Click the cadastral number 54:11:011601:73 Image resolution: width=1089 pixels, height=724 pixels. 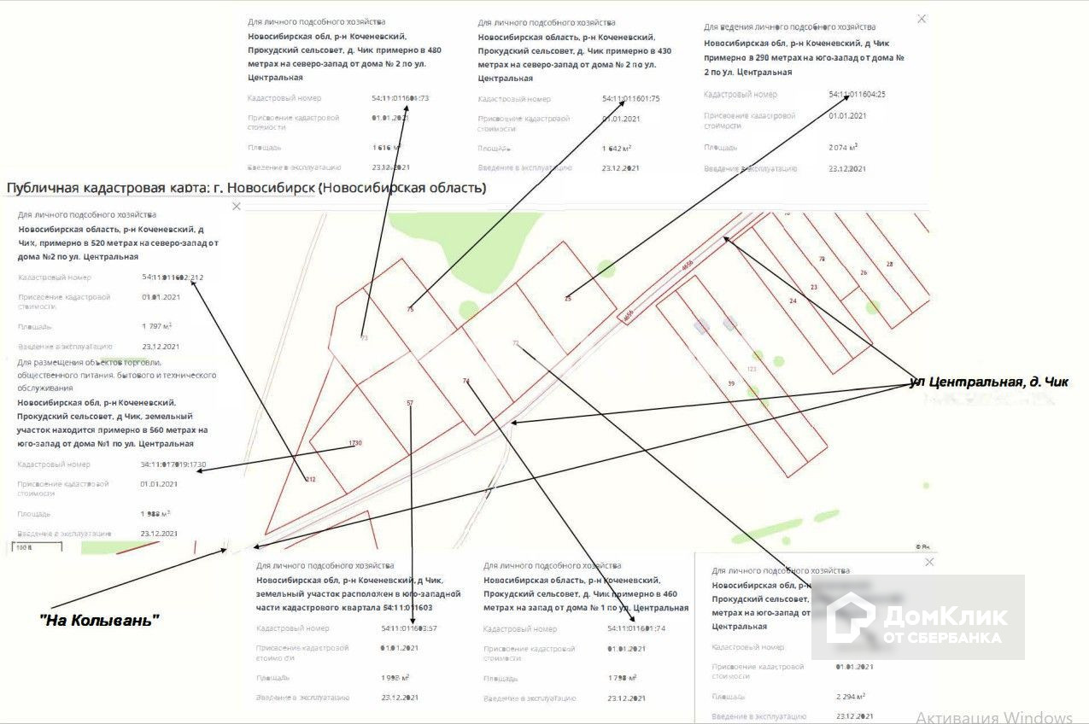coord(401,98)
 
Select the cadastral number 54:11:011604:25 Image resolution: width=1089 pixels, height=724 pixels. coord(857,94)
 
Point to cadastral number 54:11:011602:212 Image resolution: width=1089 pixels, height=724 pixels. coord(173,277)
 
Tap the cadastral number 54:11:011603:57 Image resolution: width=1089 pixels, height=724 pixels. coord(409,628)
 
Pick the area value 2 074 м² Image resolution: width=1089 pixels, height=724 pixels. coord(842,147)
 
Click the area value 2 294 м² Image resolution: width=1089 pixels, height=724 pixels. coord(851,696)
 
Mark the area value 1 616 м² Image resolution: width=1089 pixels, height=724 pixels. coord(386,148)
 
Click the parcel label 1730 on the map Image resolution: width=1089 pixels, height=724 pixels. coord(356,443)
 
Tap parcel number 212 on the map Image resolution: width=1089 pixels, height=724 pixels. coord(310,480)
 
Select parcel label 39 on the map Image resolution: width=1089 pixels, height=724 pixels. coord(731,384)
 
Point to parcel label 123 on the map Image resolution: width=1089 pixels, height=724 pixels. coord(752,369)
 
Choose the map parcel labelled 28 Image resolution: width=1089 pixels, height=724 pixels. coord(889,264)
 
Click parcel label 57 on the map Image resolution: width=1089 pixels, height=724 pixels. coord(410,403)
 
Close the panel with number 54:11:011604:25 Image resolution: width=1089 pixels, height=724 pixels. coord(921,19)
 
